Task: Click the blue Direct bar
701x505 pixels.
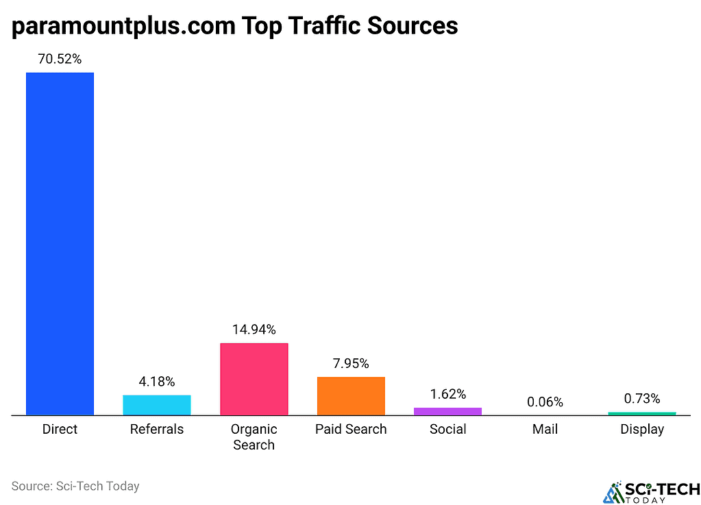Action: pos(60,243)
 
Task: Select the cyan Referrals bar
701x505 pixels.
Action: pos(157,405)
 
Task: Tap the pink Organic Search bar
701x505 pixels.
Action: pos(254,379)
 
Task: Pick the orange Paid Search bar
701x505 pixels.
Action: pos(351,396)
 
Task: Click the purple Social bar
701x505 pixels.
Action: pos(447,411)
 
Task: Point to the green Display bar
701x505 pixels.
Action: pos(642,413)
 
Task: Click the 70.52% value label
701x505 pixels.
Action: pos(60,59)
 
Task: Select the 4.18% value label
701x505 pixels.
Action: pos(157,382)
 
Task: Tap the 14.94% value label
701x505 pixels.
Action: pos(254,330)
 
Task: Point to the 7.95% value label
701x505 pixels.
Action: pos(351,363)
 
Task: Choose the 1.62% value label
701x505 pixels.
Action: pos(448,394)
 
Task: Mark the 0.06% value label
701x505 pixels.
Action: pos(545,402)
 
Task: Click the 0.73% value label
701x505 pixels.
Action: pos(642,398)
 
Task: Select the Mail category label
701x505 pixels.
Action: pos(545,430)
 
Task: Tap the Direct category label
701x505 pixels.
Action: pos(60,430)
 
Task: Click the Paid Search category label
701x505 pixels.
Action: pos(351,430)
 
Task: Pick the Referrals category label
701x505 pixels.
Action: pos(157,430)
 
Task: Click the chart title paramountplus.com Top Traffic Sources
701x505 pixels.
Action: pos(234,26)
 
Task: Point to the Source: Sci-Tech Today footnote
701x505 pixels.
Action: pos(75,486)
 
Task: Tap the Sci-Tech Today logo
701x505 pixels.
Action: pos(651,491)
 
